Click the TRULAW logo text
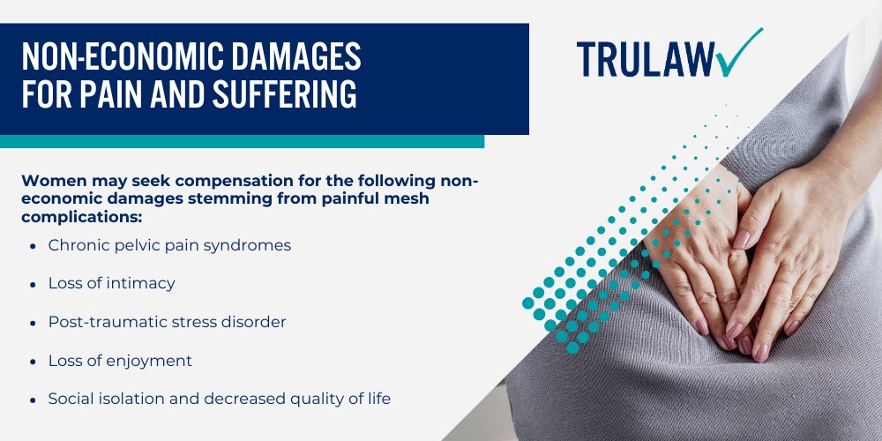(x=647, y=59)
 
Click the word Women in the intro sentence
(x=51, y=181)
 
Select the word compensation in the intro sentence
(x=227, y=181)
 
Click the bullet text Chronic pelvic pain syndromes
(x=169, y=245)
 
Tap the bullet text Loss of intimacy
(x=111, y=283)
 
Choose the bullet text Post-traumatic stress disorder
(x=167, y=322)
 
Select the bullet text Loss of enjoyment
(x=120, y=361)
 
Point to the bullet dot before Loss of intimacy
(x=33, y=284)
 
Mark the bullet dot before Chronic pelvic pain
(x=33, y=246)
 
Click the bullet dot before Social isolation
(x=33, y=400)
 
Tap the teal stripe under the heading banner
(x=242, y=141)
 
